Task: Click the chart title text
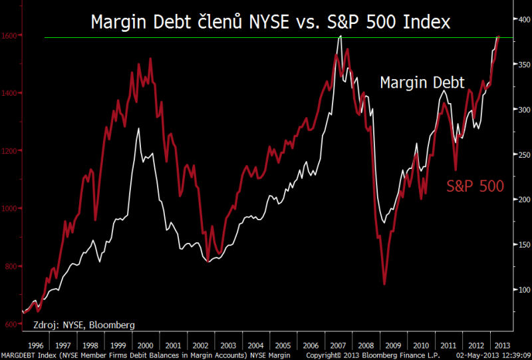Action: pyautogui.click(x=270, y=22)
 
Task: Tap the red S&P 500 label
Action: pyautogui.click(x=475, y=186)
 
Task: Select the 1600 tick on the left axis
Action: pyautogui.click(x=11, y=35)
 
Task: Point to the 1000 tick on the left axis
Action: pyautogui.click(x=11, y=208)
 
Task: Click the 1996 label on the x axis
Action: pyautogui.click(x=37, y=345)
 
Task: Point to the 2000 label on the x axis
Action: pyautogui.click(x=145, y=345)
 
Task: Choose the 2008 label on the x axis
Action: pyautogui.click(x=364, y=345)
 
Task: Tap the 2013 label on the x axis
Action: pyautogui.click(x=501, y=345)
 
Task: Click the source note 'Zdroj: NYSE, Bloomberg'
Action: pyautogui.click(x=84, y=325)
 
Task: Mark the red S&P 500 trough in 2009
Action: pyautogui.click(x=384, y=284)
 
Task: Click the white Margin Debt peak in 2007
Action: pyautogui.click(x=340, y=37)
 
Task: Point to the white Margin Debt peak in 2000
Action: pyautogui.click(x=138, y=128)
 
